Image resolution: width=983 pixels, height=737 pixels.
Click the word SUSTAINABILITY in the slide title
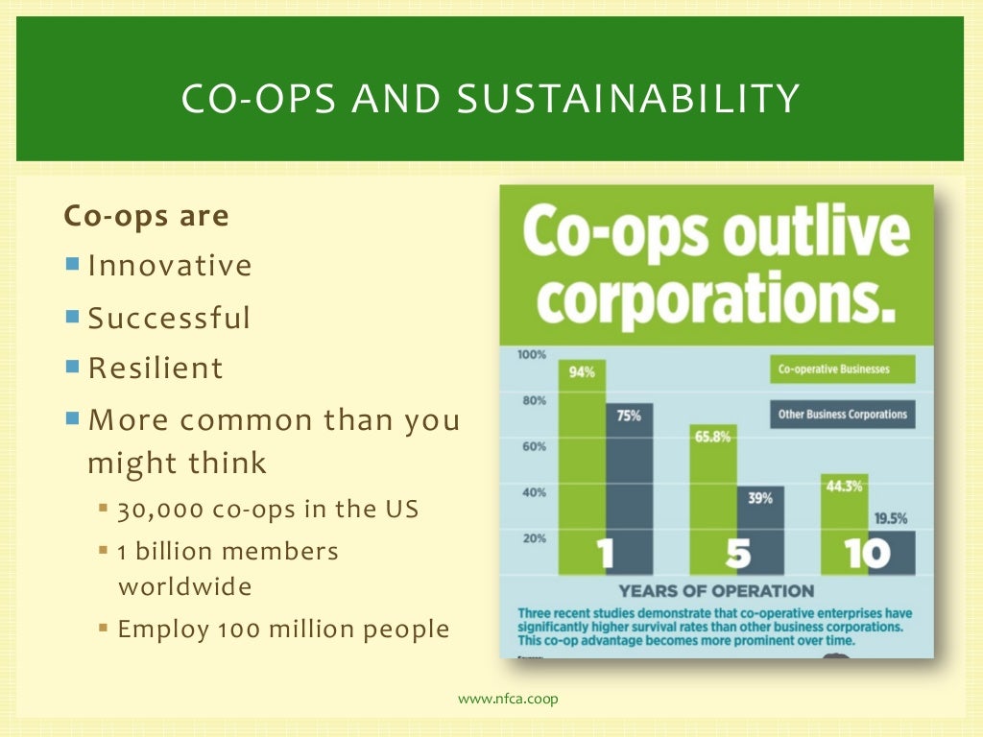629,100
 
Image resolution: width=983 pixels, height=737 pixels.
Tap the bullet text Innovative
170,266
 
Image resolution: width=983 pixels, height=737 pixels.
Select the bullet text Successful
169,318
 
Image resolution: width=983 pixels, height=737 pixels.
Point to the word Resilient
156,368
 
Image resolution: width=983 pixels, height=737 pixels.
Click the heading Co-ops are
146,216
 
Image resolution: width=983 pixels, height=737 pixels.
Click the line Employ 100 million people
283,630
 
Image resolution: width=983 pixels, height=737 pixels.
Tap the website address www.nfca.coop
508,699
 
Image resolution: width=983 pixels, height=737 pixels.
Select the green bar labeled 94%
582,461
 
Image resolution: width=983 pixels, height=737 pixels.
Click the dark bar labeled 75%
629,480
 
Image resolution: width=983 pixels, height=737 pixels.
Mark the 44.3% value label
844,487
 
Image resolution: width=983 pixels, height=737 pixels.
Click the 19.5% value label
891,519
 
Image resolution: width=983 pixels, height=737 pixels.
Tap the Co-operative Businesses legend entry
841,369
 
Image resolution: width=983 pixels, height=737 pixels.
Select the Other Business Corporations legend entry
841,415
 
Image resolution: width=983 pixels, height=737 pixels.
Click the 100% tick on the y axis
532,355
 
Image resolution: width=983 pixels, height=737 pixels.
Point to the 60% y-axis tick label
534,446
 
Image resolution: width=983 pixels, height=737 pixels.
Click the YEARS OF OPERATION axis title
716,591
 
